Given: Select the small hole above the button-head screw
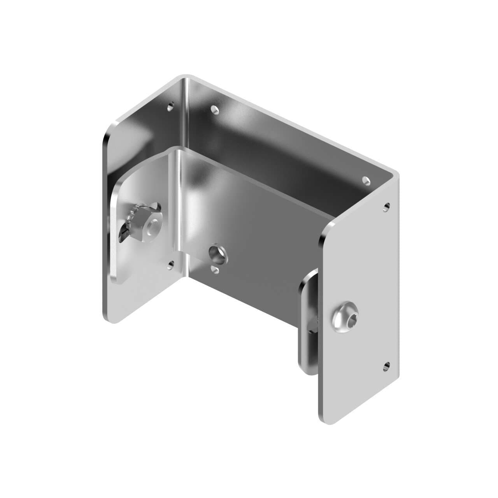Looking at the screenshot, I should tap(386, 206).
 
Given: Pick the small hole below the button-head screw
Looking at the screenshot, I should tap(386, 365).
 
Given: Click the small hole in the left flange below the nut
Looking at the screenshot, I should tap(170, 265).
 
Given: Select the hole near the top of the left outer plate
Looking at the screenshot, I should tap(170, 105).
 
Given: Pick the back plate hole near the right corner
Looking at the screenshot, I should tap(366, 180).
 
